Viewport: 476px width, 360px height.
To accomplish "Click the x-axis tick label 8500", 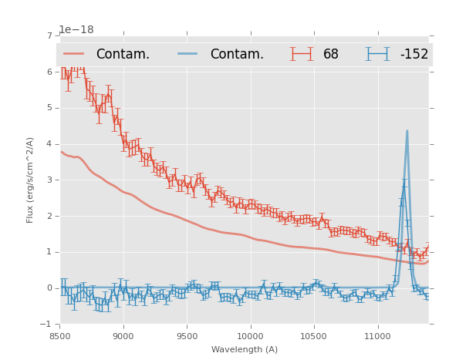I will point(60,337).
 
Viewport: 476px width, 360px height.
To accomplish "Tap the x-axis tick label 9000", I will point(123,337).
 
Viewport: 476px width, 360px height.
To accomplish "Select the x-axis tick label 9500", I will point(187,337).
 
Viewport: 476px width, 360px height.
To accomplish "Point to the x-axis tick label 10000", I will point(251,337).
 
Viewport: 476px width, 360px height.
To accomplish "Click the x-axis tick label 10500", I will point(314,337).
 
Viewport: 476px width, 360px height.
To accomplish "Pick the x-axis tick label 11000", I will point(377,337).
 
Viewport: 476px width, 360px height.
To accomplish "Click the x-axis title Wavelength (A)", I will point(245,350).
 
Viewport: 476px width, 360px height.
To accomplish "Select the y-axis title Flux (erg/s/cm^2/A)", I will point(31,180).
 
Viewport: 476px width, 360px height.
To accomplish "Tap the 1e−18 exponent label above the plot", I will point(76,29).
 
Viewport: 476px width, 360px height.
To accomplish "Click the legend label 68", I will point(331,55).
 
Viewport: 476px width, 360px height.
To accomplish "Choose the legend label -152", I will point(414,55).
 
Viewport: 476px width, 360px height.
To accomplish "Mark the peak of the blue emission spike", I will point(407,131).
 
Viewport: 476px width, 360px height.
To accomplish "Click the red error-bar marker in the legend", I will point(302,54).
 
